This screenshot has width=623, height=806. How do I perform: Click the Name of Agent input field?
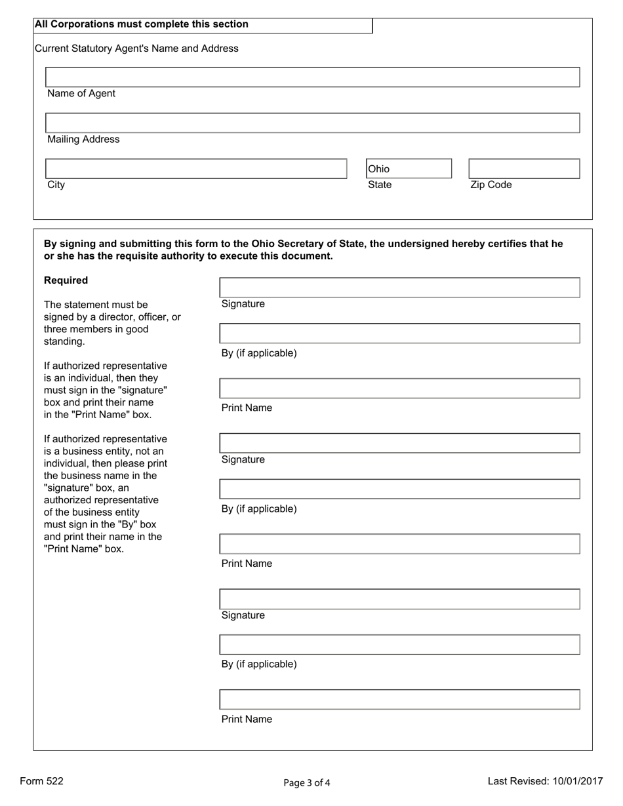tap(312, 77)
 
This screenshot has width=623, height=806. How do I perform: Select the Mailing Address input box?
tap(312, 123)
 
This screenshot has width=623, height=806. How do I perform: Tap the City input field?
tap(195, 168)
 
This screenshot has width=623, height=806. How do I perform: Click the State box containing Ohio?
tap(409, 168)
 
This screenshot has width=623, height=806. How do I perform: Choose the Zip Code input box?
tap(524, 168)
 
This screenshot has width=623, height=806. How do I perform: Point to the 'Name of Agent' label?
tap(81, 94)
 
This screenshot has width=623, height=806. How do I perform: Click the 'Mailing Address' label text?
tap(83, 140)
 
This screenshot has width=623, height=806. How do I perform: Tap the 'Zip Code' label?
tap(491, 185)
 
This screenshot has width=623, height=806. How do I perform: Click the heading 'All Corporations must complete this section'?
tap(142, 24)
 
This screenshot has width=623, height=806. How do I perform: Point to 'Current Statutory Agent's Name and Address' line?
tap(136, 48)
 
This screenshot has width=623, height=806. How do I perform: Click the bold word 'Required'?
tap(66, 280)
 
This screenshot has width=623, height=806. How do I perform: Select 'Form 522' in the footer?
tap(42, 781)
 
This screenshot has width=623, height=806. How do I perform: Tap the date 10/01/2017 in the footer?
tap(576, 781)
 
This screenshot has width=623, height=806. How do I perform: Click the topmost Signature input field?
tap(399, 288)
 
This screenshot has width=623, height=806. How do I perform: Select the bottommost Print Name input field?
tap(399, 699)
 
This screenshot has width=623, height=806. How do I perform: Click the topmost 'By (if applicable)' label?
tap(259, 353)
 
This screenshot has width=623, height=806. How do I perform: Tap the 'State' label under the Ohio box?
tap(380, 185)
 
